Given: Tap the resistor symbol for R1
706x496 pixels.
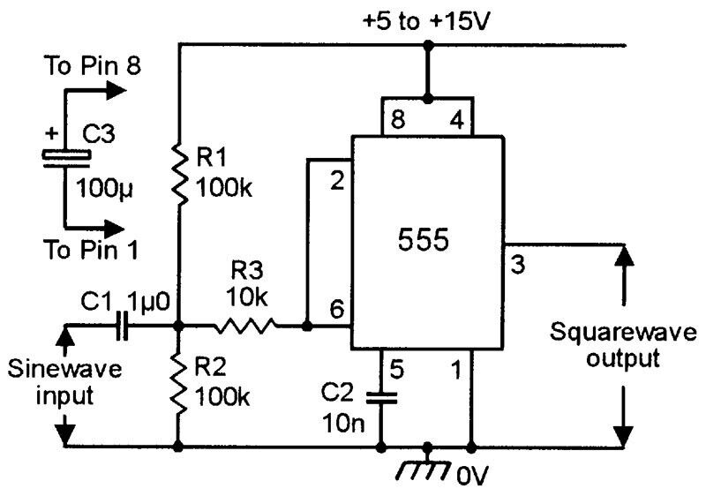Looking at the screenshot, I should (x=179, y=173).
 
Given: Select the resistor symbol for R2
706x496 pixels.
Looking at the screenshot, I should (x=179, y=385).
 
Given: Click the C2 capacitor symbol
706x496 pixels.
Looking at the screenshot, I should (x=380, y=397).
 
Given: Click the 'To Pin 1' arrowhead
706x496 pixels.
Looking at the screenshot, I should (x=116, y=226).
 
